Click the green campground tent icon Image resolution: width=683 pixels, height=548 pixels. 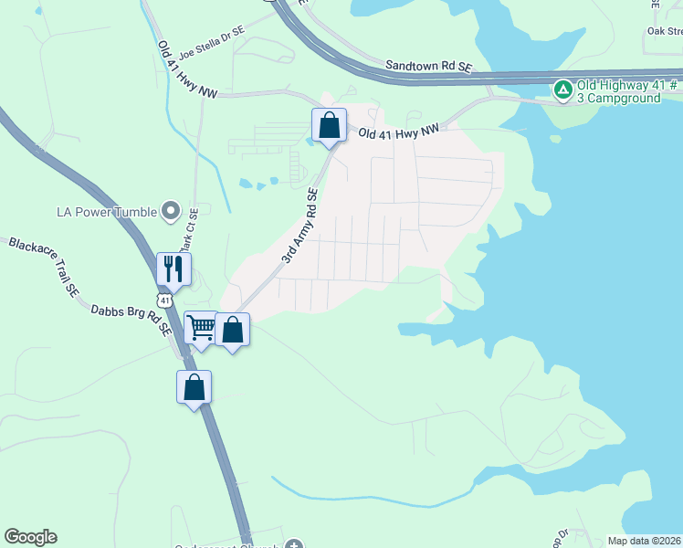pos(563,89)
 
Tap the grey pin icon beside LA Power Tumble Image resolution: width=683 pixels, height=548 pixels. pos(170,212)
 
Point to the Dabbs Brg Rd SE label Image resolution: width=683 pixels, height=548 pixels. pos(131,321)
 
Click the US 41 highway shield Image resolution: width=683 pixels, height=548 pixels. pos(163,300)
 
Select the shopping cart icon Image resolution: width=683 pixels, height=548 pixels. pos(201,327)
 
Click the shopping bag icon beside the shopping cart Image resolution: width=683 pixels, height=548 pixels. pos(233,330)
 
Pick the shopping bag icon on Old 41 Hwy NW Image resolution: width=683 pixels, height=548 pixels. pos(330,125)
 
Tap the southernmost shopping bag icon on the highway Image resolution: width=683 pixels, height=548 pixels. pos(194,387)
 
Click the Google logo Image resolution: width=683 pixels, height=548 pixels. pos(30,537)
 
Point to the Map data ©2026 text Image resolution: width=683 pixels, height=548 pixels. pos(644,541)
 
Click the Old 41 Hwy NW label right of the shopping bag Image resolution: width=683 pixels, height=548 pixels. pos(399,132)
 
